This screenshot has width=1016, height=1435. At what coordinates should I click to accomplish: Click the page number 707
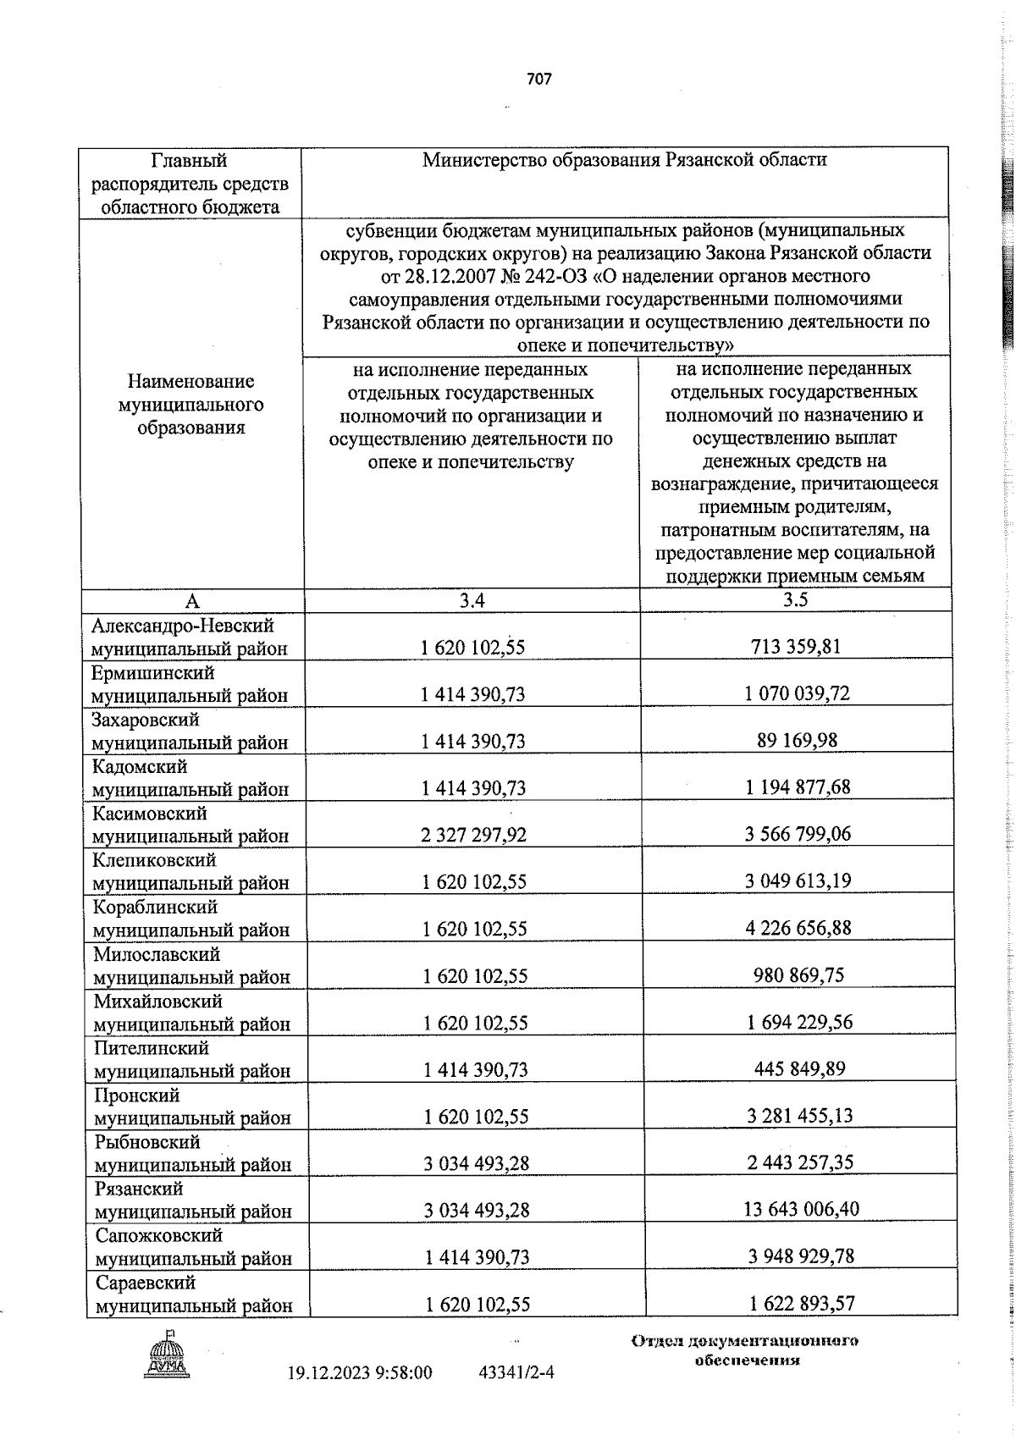point(538,80)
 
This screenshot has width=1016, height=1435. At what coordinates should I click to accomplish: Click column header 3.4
point(472,601)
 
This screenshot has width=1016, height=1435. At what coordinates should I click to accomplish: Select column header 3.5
point(795,600)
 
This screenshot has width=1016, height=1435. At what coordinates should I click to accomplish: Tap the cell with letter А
point(192,601)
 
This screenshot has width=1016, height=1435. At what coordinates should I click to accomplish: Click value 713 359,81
point(795,647)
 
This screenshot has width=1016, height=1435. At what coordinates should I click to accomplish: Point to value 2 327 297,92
point(473,835)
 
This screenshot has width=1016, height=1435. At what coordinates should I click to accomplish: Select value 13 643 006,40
point(801,1209)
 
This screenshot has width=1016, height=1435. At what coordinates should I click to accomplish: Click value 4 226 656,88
point(798,928)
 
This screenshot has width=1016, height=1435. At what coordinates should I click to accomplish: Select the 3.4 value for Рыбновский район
point(477,1163)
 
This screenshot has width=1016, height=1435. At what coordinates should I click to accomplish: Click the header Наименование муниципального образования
point(190,405)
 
